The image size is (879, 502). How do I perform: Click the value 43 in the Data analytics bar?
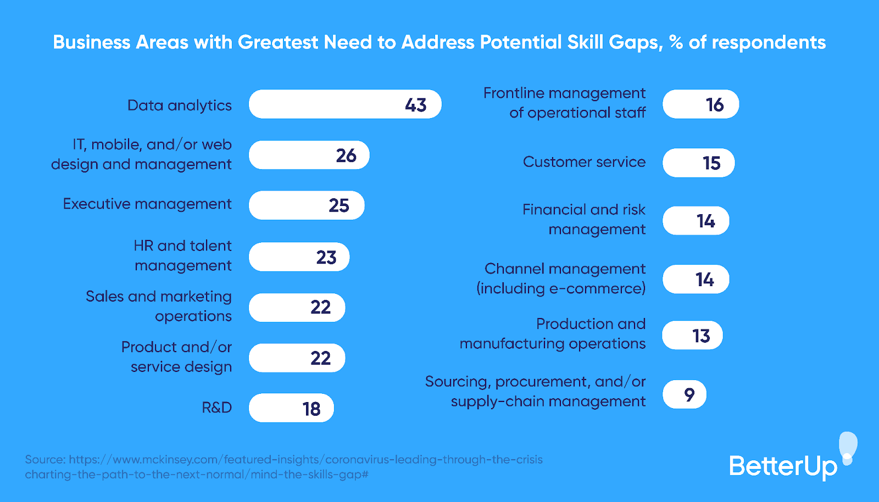(x=416, y=105)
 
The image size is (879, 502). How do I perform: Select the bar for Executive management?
(x=306, y=205)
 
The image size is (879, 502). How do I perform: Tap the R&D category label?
(x=216, y=408)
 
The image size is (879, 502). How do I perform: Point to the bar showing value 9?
(x=684, y=394)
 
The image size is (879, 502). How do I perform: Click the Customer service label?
(x=584, y=162)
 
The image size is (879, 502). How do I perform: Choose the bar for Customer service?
(x=698, y=163)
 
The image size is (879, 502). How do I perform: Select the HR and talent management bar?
(x=299, y=257)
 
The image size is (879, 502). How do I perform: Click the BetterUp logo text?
(x=782, y=466)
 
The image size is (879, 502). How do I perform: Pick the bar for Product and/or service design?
(x=297, y=358)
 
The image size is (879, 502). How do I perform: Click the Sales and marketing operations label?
(x=159, y=306)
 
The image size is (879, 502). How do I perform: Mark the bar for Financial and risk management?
(x=696, y=221)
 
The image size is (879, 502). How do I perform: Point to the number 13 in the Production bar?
(x=701, y=336)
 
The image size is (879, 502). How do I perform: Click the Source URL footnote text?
(x=283, y=467)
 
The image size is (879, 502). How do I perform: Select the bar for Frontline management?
(x=700, y=104)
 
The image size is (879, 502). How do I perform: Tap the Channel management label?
(x=561, y=278)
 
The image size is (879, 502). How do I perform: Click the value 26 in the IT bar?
(x=346, y=155)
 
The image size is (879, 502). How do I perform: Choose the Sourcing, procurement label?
(x=536, y=391)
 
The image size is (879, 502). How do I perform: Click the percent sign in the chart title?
(x=676, y=42)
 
